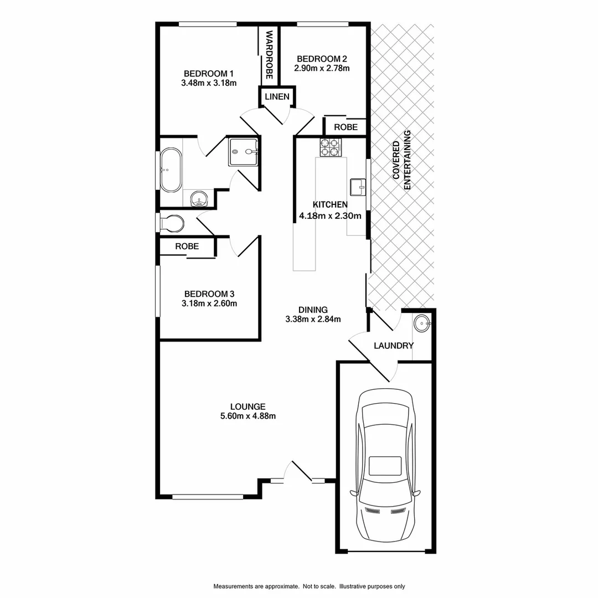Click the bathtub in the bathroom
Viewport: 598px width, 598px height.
point(171,169)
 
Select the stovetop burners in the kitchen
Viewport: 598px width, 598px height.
point(330,147)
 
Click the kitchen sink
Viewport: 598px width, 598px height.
point(358,187)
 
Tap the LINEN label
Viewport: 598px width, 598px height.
point(276,96)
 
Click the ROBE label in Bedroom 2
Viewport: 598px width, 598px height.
point(346,127)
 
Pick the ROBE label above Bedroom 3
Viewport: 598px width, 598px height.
point(187,246)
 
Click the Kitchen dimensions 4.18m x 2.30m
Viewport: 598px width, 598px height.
point(330,216)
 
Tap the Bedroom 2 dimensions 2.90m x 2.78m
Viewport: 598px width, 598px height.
point(323,69)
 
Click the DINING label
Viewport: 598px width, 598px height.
point(313,310)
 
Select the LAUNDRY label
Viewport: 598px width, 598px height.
point(394,346)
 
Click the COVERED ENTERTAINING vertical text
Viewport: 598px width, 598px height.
point(402,161)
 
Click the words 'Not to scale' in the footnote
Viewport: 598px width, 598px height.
point(319,586)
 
